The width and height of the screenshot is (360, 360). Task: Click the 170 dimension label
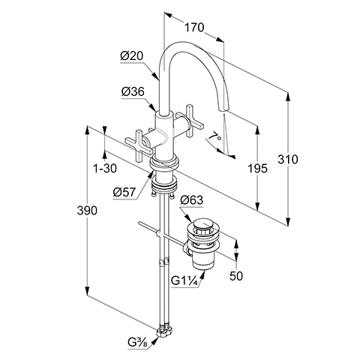(x=194, y=27)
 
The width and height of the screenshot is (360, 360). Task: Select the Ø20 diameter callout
(x=131, y=55)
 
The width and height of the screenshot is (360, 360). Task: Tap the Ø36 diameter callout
(x=133, y=91)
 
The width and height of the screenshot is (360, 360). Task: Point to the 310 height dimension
(x=288, y=159)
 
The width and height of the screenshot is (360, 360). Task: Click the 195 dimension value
(x=257, y=169)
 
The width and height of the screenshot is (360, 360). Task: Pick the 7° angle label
(x=214, y=137)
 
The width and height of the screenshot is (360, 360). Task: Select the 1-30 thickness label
(x=105, y=168)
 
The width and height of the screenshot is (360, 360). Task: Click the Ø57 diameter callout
(x=124, y=193)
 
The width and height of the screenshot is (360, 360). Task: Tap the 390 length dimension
(x=87, y=211)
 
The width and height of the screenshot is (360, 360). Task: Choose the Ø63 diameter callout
(x=192, y=200)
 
